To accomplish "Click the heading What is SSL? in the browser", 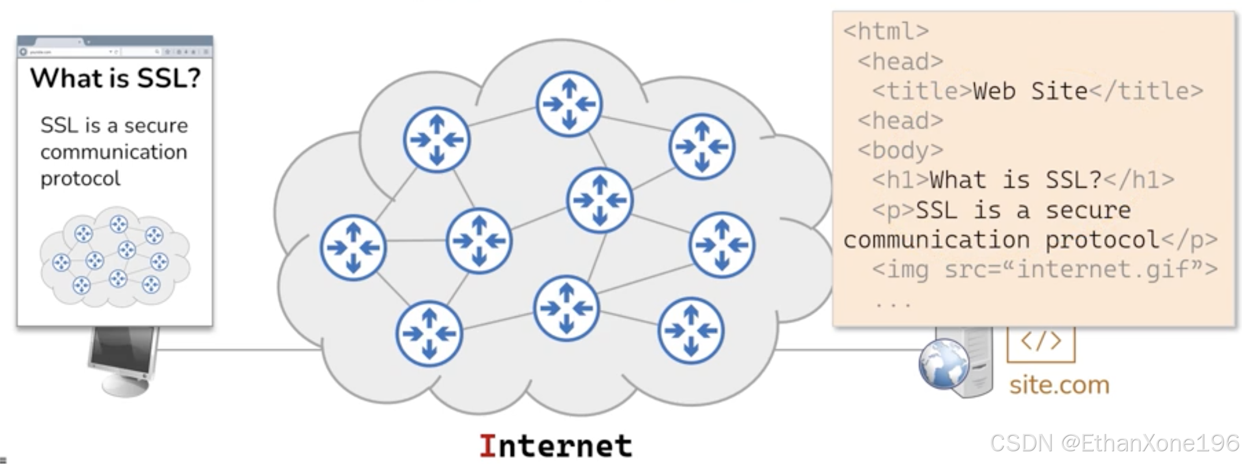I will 115,78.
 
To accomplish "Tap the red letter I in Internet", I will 488,446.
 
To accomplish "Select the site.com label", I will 1059,385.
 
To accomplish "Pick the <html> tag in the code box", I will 886,31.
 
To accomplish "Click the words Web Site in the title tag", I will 1030,91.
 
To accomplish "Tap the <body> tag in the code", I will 900,151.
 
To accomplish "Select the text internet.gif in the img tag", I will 1102,270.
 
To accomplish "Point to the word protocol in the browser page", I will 81,179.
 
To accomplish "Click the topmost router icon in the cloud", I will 569,104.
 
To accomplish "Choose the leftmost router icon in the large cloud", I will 353,248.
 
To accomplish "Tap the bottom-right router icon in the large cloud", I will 691,331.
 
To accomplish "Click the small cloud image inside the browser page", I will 114,257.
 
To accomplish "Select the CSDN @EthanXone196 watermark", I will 1114,443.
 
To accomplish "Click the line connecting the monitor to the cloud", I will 237,349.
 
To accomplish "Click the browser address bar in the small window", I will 69,52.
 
